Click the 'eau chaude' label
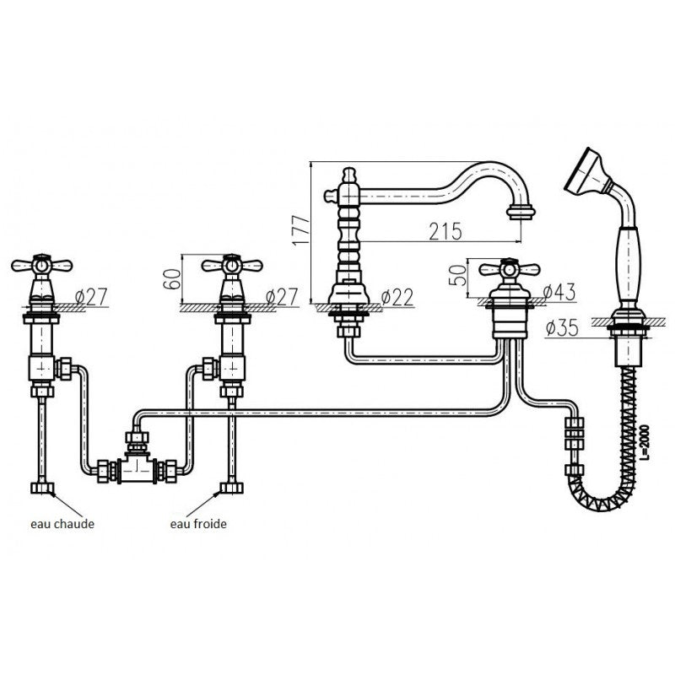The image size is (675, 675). [x=62, y=524]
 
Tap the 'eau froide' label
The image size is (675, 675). [x=198, y=524]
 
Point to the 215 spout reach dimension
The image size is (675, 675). [x=445, y=231]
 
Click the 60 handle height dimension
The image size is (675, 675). [x=172, y=279]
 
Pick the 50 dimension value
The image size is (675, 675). [x=457, y=276]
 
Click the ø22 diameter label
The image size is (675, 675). [x=397, y=297]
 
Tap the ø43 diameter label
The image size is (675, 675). [x=559, y=293]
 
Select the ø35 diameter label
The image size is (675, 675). [x=562, y=328]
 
